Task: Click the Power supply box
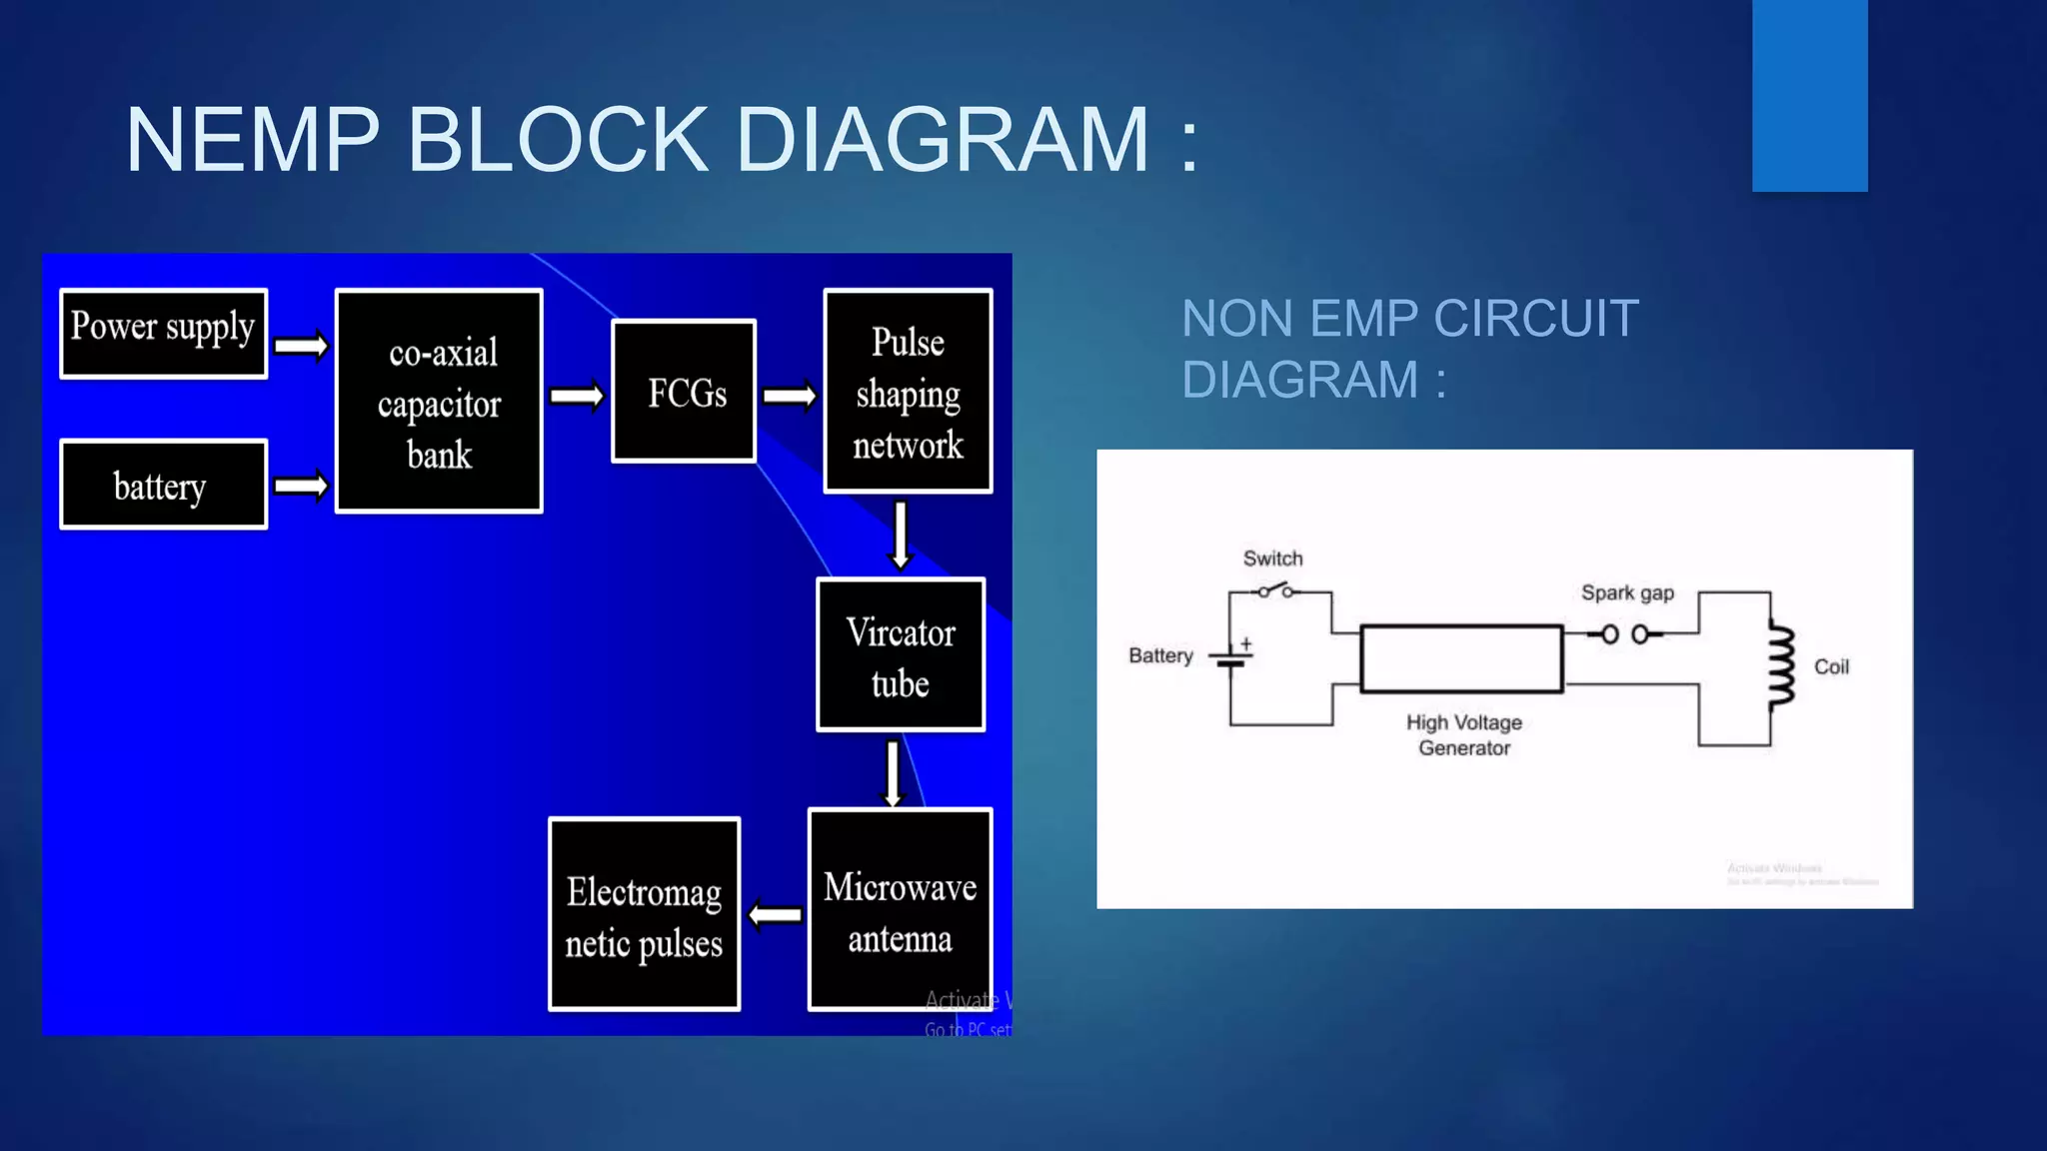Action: [163, 333]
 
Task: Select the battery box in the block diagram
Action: [163, 485]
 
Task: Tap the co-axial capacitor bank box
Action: [439, 402]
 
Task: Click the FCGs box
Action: [684, 392]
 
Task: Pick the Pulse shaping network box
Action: [908, 392]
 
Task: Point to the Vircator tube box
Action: [901, 655]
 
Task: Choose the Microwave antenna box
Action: [900, 910]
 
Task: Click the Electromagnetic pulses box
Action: [645, 915]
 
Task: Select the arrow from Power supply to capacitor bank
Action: [301, 346]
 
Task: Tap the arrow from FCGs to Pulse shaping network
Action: [790, 397]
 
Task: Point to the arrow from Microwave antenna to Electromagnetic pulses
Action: [776, 914]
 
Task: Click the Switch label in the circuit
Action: [1272, 559]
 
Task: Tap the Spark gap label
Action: [1627, 592]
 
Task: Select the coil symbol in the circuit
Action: [1780, 667]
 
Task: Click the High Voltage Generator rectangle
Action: [1461, 658]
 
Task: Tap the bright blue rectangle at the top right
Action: [1809, 95]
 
